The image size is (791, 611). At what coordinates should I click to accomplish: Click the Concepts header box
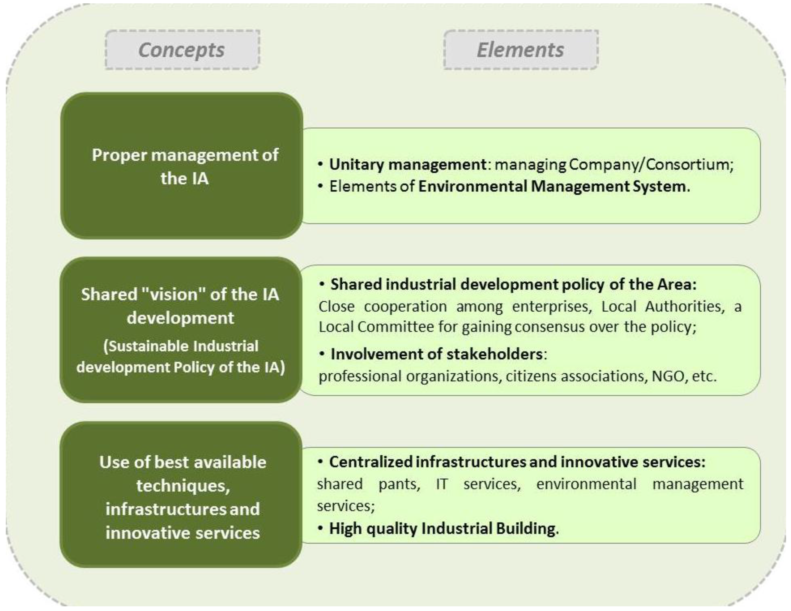click(182, 50)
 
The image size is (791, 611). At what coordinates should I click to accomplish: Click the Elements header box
click(521, 50)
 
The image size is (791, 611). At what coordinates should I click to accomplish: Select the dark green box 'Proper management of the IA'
click(182, 166)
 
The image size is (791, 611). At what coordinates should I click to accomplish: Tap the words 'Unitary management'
click(408, 165)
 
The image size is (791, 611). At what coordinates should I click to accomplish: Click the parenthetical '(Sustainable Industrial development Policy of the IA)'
click(181, 357)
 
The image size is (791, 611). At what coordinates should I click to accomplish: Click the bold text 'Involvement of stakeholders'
click(436, 354)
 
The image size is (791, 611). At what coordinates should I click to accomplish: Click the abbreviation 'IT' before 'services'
click(441, 484)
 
